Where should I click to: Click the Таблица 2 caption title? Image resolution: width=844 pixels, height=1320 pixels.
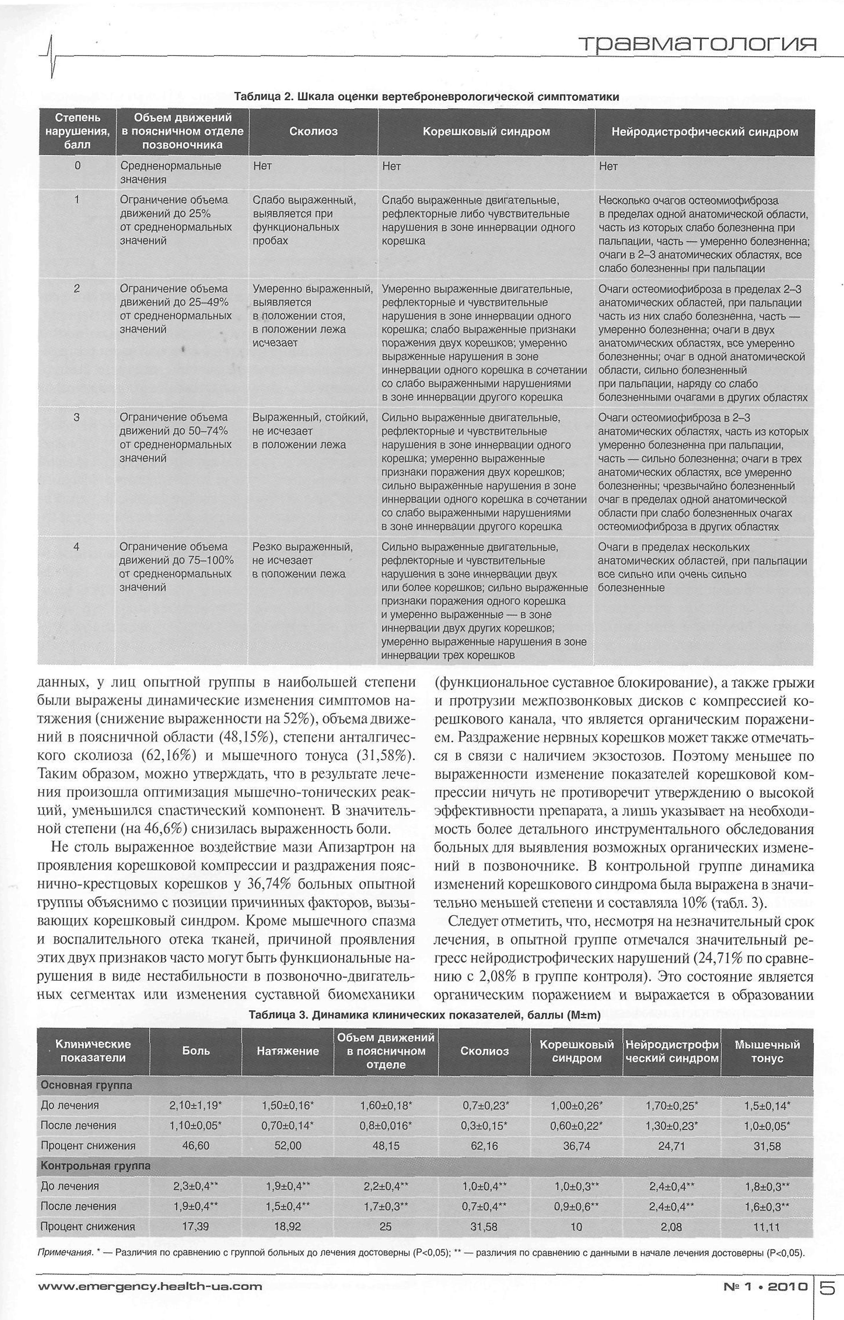pyautogui.click(x=427, y=97)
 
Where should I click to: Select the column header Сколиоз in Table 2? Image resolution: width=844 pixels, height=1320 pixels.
pyautogui.click(x=313, y=132)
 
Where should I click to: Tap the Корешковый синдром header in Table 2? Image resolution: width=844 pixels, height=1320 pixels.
pyautogui.click(x=486, y=132)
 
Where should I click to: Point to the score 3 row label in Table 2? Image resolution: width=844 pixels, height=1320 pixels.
pyautogui.click(x=77, y=418)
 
